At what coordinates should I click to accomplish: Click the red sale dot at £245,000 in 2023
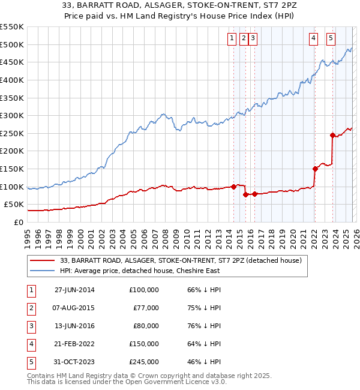tap(332, 135)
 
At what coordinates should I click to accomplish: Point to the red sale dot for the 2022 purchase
tap(314, 169)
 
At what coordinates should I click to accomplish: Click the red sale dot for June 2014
tap(233, 187)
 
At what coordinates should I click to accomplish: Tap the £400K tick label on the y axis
tap(12, 80)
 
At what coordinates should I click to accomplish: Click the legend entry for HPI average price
tap(140, 271)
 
